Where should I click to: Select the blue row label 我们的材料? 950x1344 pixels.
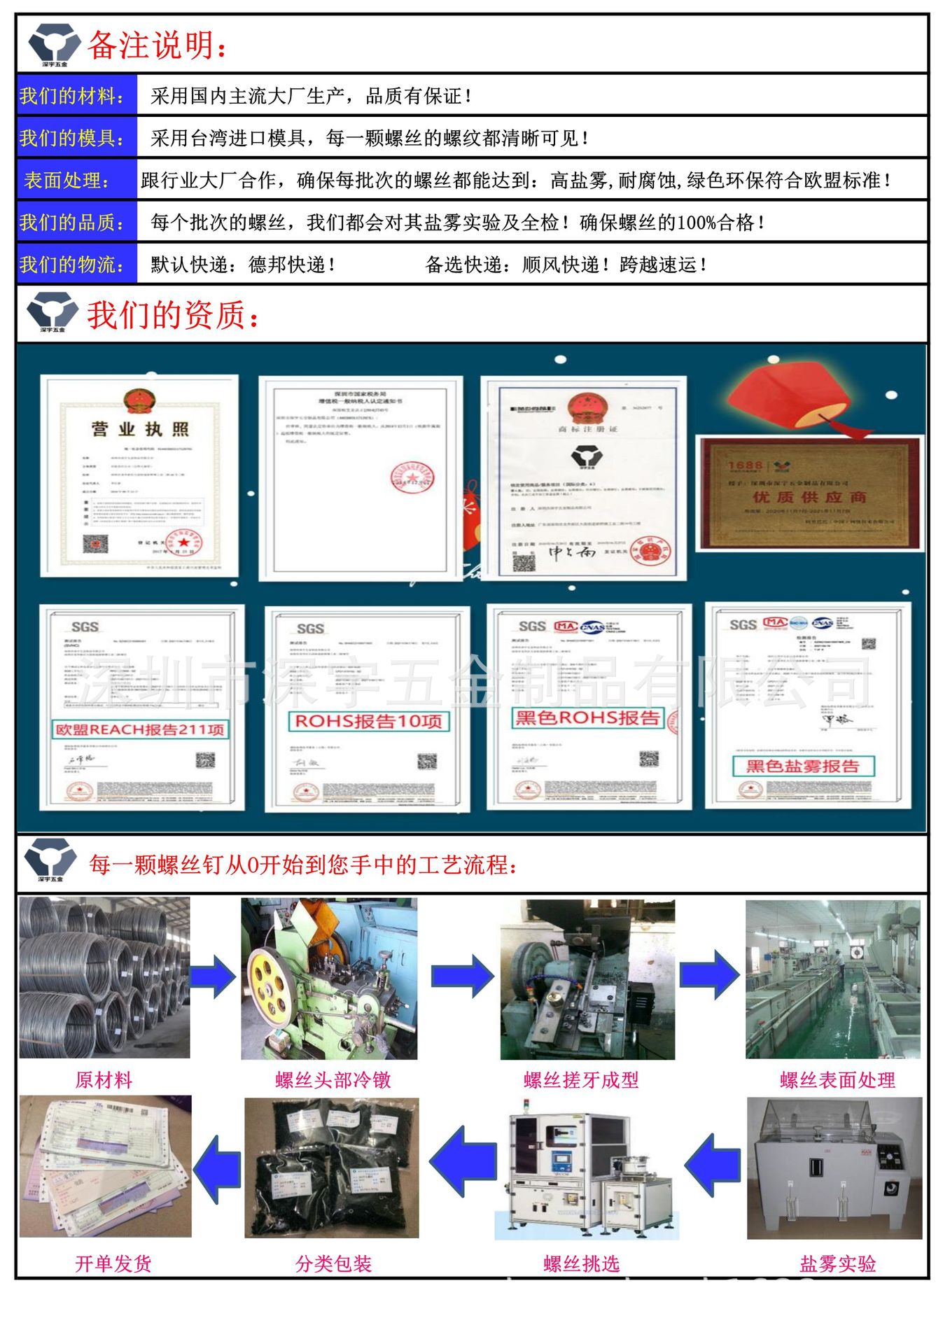pyautogui.click(x=72, y=96)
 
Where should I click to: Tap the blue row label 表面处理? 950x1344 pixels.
pyautogui.click(x=67, y=181)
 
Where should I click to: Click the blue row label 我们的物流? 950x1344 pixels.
pyautogui.click(x=72, y=265)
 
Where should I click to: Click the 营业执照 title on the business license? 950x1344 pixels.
pyautogui.click(x=139, y=429)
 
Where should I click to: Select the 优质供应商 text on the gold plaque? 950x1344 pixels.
pyautogui.click(x=809, y=497)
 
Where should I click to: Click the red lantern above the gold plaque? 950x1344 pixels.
pyautogui.click(x=790, y=395)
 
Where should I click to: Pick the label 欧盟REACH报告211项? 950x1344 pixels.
pyautogui.click(x=140, y=729)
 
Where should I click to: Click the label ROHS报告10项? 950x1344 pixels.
pyautogui.click(x=368, y=721)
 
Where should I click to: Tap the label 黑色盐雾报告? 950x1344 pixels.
pyautogui.click(x=803, y=766)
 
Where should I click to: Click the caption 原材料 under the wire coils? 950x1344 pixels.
pyautogui.click(x=104, y=1080)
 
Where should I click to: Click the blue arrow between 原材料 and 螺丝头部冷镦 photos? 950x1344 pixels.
pyautogui.click(x=213, y=976)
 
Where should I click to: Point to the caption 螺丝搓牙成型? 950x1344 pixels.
pyautogui.click(x=581, y=1080)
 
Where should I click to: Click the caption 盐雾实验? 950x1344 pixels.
pyautogui.click(x=837, y=1263)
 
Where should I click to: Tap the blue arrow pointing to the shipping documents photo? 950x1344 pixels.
pyautogui.click(x=216, y=1169)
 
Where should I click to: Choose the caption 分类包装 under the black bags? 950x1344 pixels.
pyautogui.click(x=333, y=1263)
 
